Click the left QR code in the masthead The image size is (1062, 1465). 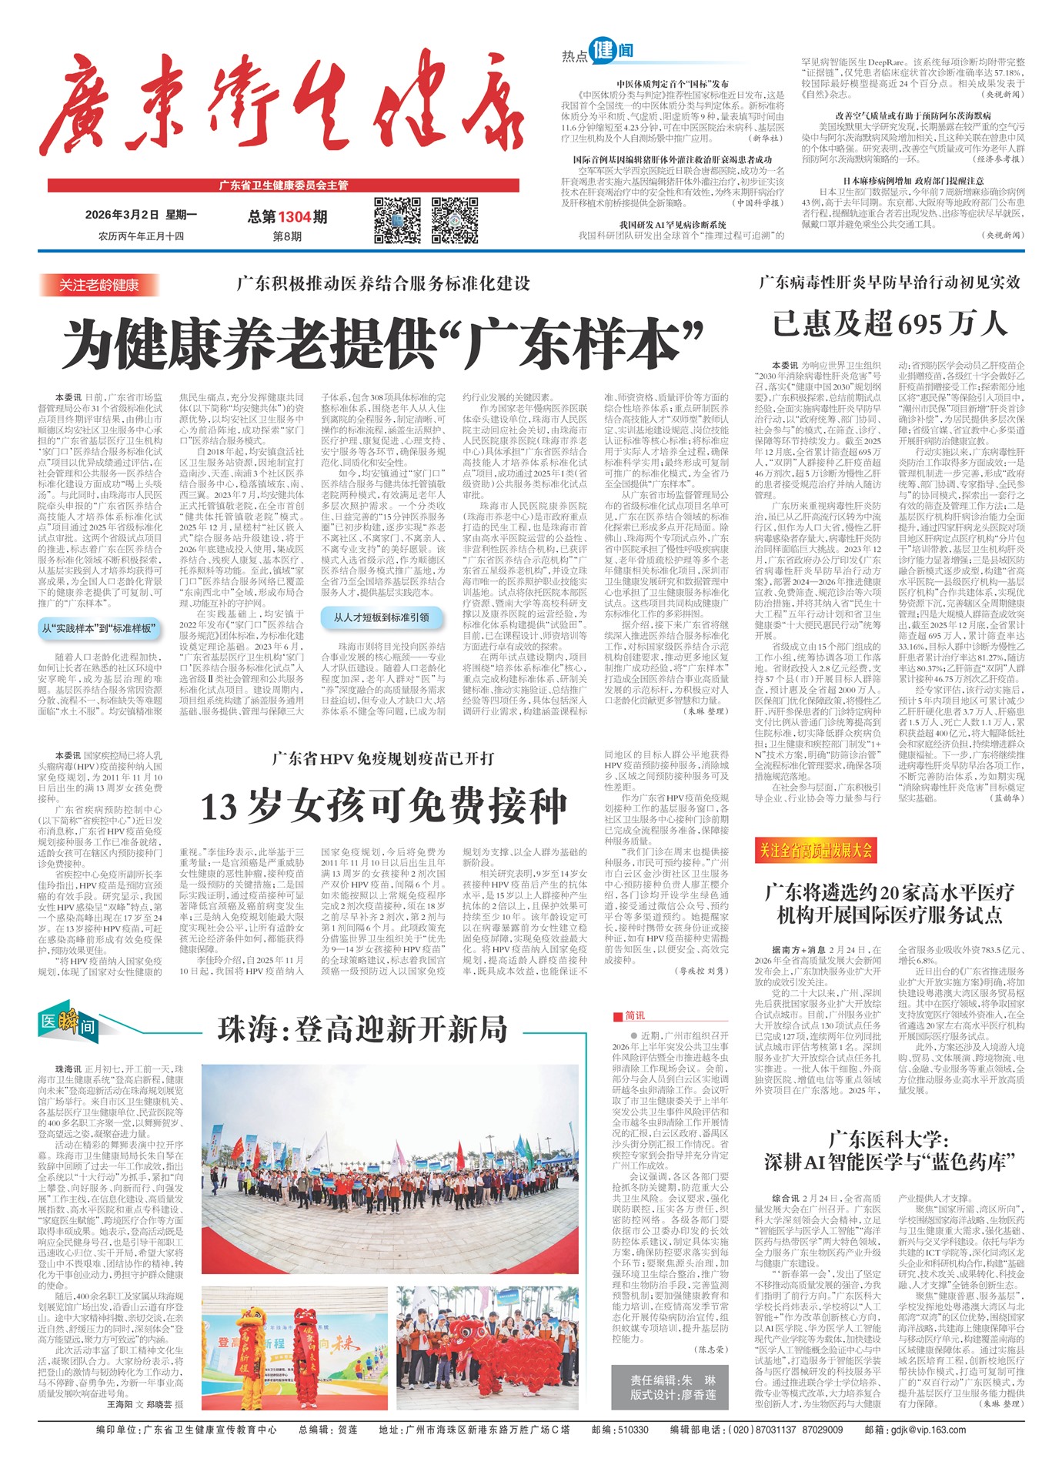tap(398, 221)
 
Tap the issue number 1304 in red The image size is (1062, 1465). tap(295, 218)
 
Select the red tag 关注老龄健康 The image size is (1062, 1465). tap(99, 285)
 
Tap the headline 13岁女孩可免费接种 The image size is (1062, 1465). tap(382, 807)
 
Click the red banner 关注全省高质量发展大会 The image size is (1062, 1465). tap(815, 851)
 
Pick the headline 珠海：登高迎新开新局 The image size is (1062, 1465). tap(362, 1029)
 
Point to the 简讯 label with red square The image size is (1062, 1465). tap(629, 1015)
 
